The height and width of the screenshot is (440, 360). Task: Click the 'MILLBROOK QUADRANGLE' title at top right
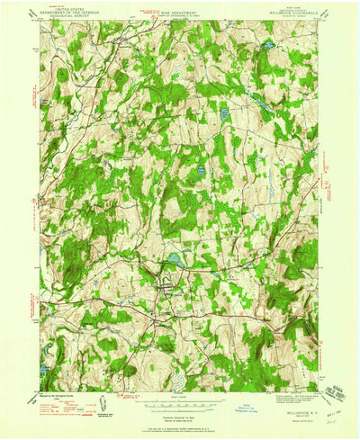point(287,13)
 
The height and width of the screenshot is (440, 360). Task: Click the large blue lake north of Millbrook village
point(171,260)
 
